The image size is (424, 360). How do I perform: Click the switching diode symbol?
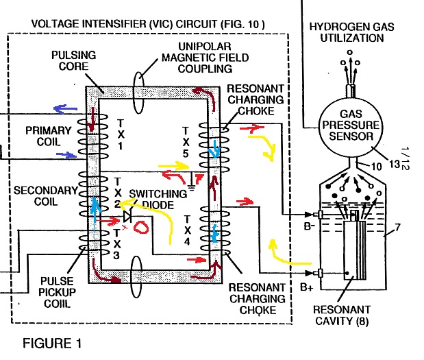127,216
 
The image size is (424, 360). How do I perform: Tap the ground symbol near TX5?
191,187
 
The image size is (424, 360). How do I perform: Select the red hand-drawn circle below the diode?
141,228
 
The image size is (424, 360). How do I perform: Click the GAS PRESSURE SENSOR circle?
351,128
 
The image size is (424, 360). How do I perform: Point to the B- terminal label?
310,226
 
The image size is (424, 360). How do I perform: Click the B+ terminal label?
307,287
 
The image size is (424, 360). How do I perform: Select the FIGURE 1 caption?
52,344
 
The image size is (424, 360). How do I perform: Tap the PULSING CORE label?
73,60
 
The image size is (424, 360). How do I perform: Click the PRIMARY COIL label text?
49,136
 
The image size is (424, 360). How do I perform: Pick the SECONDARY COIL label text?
46,196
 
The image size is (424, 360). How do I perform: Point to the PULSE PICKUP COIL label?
57,292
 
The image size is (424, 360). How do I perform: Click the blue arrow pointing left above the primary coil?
66,109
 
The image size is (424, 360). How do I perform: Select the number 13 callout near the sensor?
395,164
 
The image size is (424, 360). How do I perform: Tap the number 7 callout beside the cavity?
397,227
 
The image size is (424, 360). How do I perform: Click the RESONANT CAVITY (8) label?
342,315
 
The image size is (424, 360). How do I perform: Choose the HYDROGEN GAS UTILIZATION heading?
352,32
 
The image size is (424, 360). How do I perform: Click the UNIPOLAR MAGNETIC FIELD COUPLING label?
205,58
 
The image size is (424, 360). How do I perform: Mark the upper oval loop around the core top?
139,93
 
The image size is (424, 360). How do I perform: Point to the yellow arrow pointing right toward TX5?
173,166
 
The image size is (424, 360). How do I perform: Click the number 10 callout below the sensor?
377,167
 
